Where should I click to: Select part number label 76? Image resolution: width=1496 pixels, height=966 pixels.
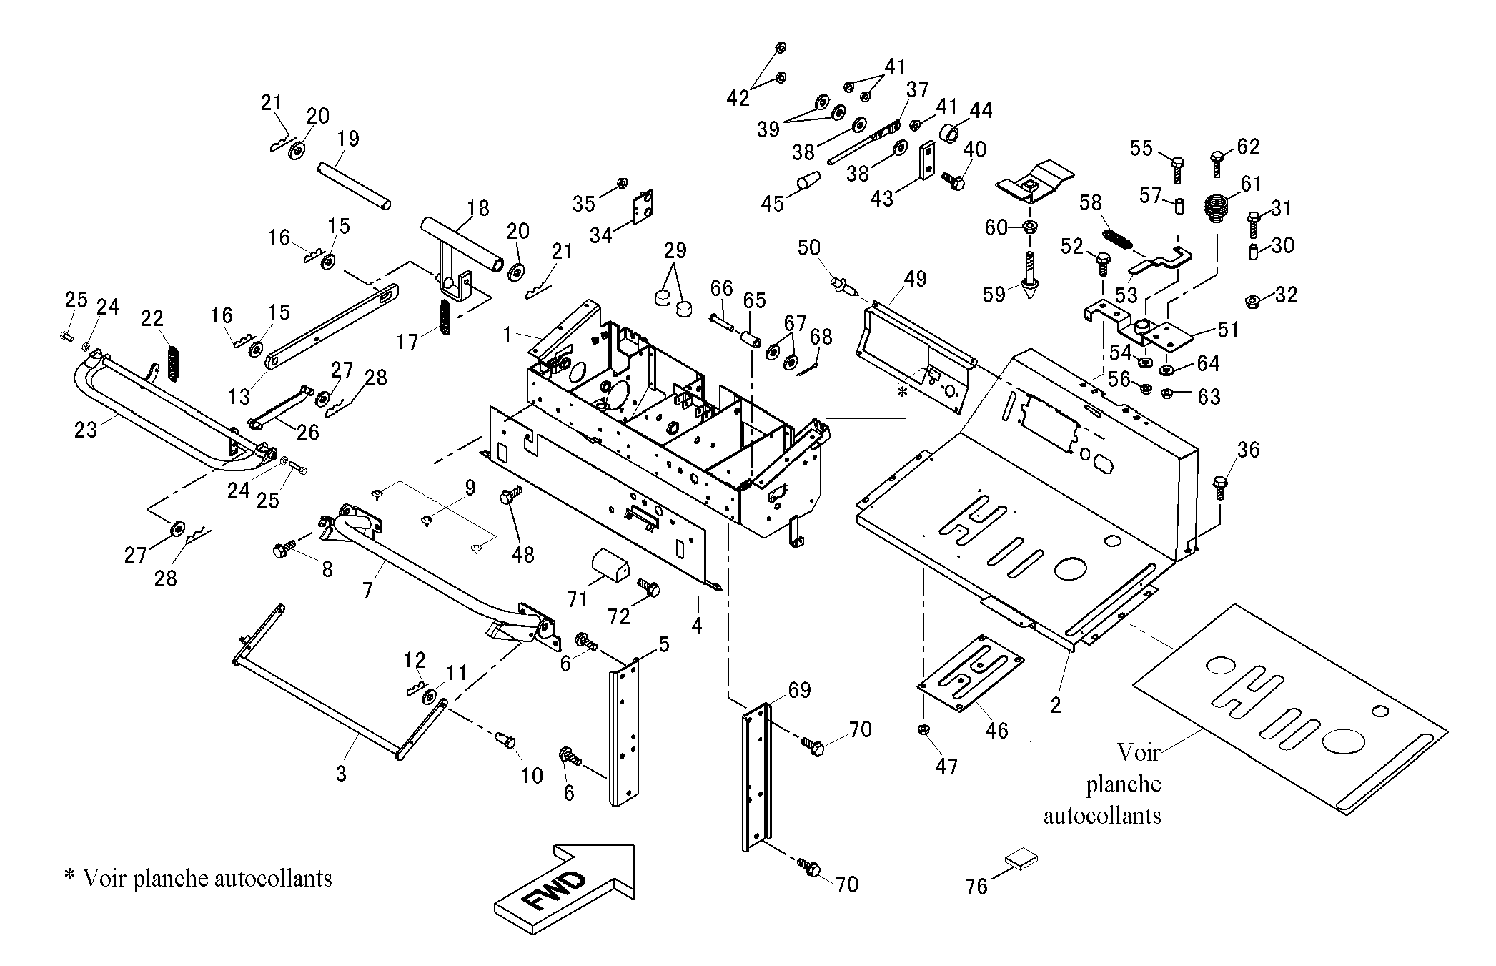click(x=976, y=887)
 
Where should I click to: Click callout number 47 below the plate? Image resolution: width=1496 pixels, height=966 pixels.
click(x=946, y=767)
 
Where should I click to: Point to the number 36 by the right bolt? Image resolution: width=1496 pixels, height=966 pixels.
click(x=1248, y=450)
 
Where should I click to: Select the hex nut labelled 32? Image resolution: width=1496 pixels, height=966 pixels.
click(x=1253, y=301)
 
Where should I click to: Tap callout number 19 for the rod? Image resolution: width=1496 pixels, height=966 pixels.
click(x=348, y=138)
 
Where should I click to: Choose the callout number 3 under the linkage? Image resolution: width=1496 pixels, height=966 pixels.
click(x=341, y=774)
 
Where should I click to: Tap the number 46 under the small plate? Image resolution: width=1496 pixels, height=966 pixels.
click(x=996, y=730)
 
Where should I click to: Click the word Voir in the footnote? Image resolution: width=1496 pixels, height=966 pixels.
click(x=105, y=878)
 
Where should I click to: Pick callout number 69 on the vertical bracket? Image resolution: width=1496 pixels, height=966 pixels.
click(x=799, y=690)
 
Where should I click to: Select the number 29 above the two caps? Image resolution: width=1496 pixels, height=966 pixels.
click(x=675, y=250)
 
